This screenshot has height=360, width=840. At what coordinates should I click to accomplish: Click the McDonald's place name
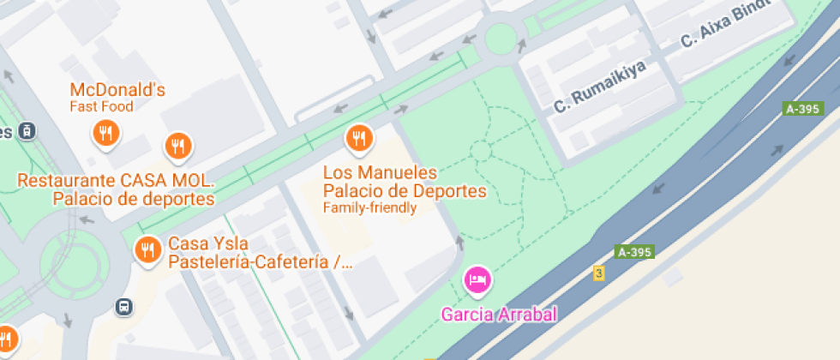click(117, 90)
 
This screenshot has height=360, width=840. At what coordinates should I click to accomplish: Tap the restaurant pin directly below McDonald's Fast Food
click(105, 133)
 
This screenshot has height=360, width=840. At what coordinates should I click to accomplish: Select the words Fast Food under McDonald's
click(101, 107)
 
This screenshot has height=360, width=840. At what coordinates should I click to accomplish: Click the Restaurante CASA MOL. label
click(116, 181)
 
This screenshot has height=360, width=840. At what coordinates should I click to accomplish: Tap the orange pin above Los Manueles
click(358, 137)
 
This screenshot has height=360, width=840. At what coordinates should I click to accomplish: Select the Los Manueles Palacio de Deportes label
click(405, 182)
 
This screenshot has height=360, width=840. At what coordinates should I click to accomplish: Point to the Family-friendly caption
click(369, 207)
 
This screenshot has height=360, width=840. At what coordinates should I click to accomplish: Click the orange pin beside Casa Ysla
click(148, 249)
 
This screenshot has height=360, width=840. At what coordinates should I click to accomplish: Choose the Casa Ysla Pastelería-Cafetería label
click(260, 253)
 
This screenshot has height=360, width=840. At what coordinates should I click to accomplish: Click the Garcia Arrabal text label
click(499, 314)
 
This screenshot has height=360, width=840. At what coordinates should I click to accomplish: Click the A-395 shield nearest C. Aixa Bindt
click(804, 109)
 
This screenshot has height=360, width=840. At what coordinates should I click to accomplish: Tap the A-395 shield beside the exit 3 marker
click(635, 252)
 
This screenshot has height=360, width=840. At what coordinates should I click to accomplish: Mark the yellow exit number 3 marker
click(599, 273)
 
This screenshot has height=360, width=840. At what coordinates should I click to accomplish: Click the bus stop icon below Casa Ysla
click(125, 306)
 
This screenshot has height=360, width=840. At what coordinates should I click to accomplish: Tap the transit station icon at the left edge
click(27, 131)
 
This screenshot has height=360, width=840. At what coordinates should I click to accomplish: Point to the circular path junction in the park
click(480, 152)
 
